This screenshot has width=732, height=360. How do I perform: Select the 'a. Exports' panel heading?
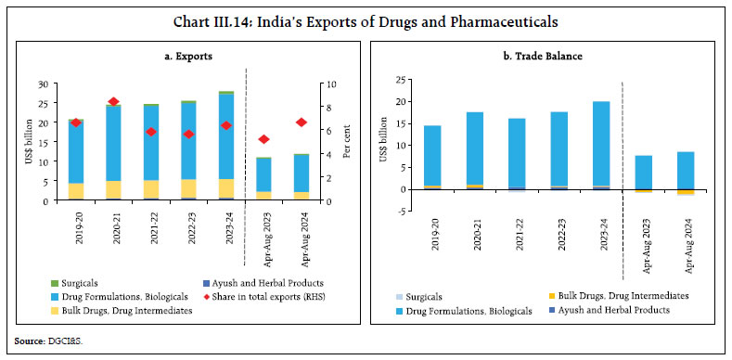(182, 58)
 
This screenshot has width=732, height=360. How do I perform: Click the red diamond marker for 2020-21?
(114, 102)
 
